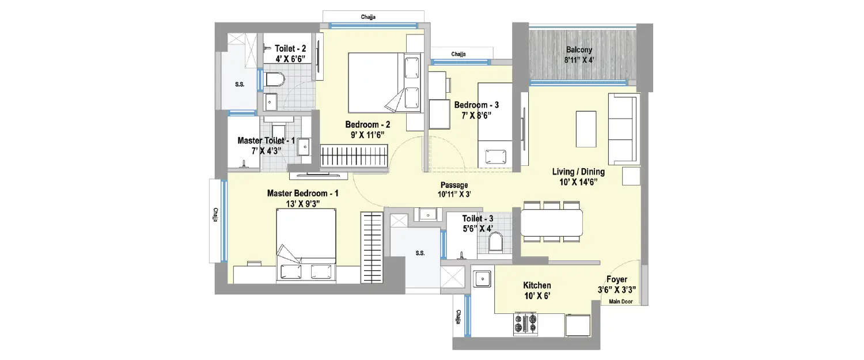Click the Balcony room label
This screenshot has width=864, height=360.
click(x=579, y=50)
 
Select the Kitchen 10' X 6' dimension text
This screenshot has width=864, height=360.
click(x=536, y=296)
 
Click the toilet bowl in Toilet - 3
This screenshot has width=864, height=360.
click(x=495, y=244)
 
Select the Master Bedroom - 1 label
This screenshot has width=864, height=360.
click(x=302, y=194)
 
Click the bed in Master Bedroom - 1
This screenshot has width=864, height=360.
click(x=306, y=245)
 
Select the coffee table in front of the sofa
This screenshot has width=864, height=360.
click(x=586, y=128)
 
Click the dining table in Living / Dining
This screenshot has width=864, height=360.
click(x=551, y=222)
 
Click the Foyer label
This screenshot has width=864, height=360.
click(x=616, y=279)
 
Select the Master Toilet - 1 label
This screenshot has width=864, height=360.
click(x=266, y=141)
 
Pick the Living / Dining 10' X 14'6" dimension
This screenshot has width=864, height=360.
click(x=578, y=182)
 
